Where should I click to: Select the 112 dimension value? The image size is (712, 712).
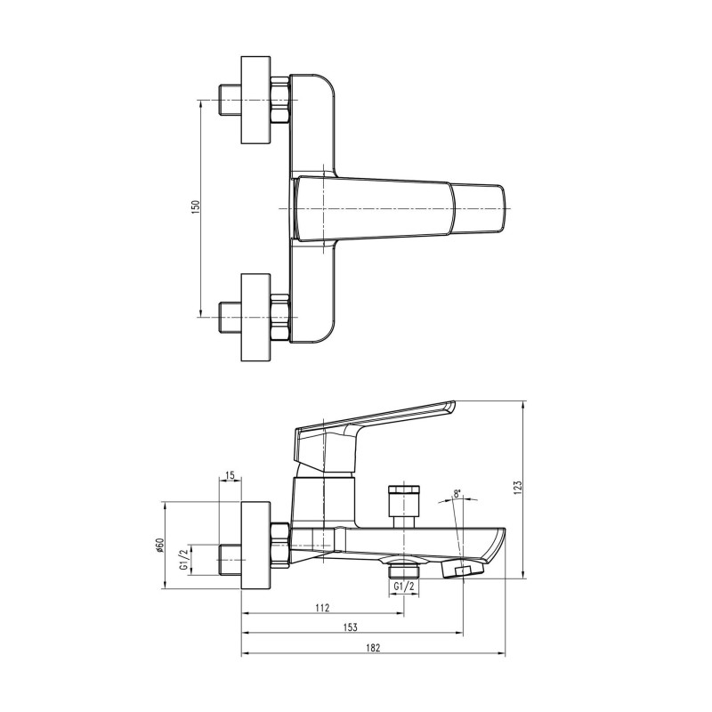point(322,608)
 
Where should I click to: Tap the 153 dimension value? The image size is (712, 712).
point(352,627)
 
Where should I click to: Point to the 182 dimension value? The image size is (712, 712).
point(373,649)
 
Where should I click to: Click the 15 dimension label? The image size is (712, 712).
point(230,477)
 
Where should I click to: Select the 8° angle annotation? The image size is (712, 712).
point(457,493)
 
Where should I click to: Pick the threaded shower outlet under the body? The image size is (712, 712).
point(405,567)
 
